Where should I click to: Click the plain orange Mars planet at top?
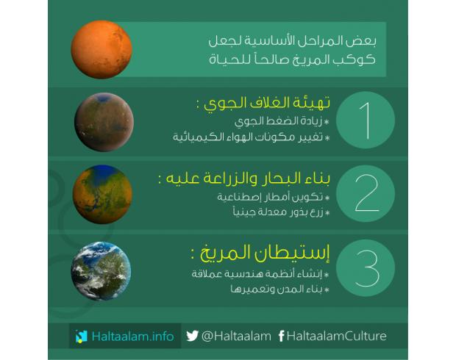[101, 49]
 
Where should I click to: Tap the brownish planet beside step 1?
[104, 122]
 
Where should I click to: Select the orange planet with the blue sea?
[102, 195]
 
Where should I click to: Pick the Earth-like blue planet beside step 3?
[101, 271]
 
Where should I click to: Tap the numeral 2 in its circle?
[367, 193]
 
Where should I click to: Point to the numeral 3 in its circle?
[367, 268]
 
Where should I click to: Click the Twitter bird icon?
[192, 336]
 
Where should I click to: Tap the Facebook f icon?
[281, 336]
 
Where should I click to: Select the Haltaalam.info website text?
[132, 336]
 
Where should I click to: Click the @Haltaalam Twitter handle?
[236, 336]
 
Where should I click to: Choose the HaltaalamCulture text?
[336, 336]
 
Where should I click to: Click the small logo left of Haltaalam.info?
[81, 336]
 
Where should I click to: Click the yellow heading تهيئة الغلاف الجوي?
[267, 103]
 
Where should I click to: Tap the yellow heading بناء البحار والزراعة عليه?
[248, 178]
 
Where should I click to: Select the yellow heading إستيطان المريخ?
[264, 253]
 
